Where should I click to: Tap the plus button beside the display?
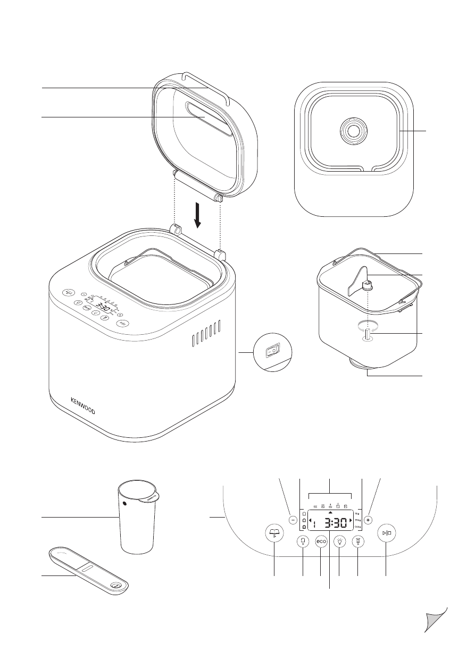pos(369,521)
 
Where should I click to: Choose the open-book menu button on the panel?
pos(274,533)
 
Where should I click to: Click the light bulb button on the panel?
pos(339,543)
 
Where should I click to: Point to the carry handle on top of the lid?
pos(205,83)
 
